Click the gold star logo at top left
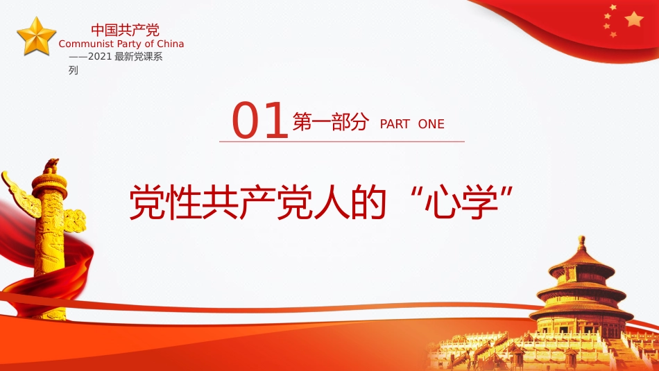click(x=36, y=36)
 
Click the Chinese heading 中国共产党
click(x=125, y=30)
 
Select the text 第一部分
click(x=329, y=122)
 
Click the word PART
click(x=395, y=124)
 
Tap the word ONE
click(x=431, y=124)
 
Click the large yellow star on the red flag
click(x=634, y=19)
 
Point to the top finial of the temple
click(x=581, y=241)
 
